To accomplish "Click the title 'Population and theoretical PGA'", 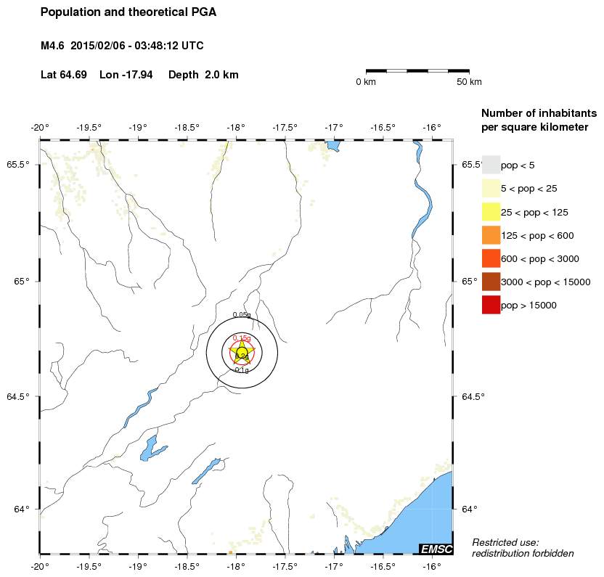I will (128, 12).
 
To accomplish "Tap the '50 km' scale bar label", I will (468, 82).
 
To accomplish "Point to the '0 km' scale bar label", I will (365, 82).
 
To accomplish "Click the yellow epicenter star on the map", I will (242, 353).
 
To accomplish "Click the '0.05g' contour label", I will (242, 315).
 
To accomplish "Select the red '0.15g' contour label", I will (242, 338).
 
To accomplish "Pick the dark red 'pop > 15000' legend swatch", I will (491, 305).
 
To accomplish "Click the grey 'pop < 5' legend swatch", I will (491, 165).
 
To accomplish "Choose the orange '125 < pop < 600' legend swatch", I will (491, 235).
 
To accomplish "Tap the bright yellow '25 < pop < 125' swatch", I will (491, 212).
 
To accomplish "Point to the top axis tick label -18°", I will (235, 128).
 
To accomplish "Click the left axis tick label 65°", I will (22, 282).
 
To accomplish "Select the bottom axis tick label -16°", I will (431, 566).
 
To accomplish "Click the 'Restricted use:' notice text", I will (505, 542).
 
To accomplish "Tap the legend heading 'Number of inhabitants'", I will (539, 113).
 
